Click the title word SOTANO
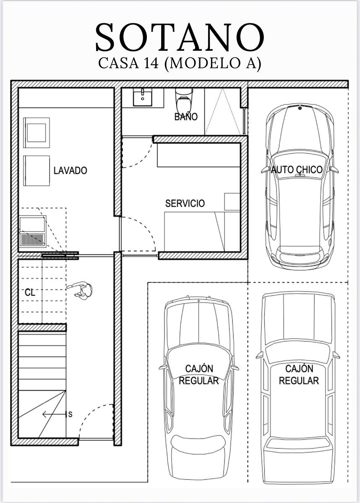[180, 37]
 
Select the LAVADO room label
[70, 171]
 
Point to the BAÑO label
[186, 117]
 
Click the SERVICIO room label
[185, 203]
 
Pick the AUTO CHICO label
[297, 169]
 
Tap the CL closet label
[30, 293]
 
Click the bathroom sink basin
[143, 97]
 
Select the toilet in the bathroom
[184, 100]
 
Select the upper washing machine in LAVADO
[37, 133]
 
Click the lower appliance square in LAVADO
[37, 171]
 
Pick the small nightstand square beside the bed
[232, 202]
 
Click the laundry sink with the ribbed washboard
[33, 231]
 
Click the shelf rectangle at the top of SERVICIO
[199, 155]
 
